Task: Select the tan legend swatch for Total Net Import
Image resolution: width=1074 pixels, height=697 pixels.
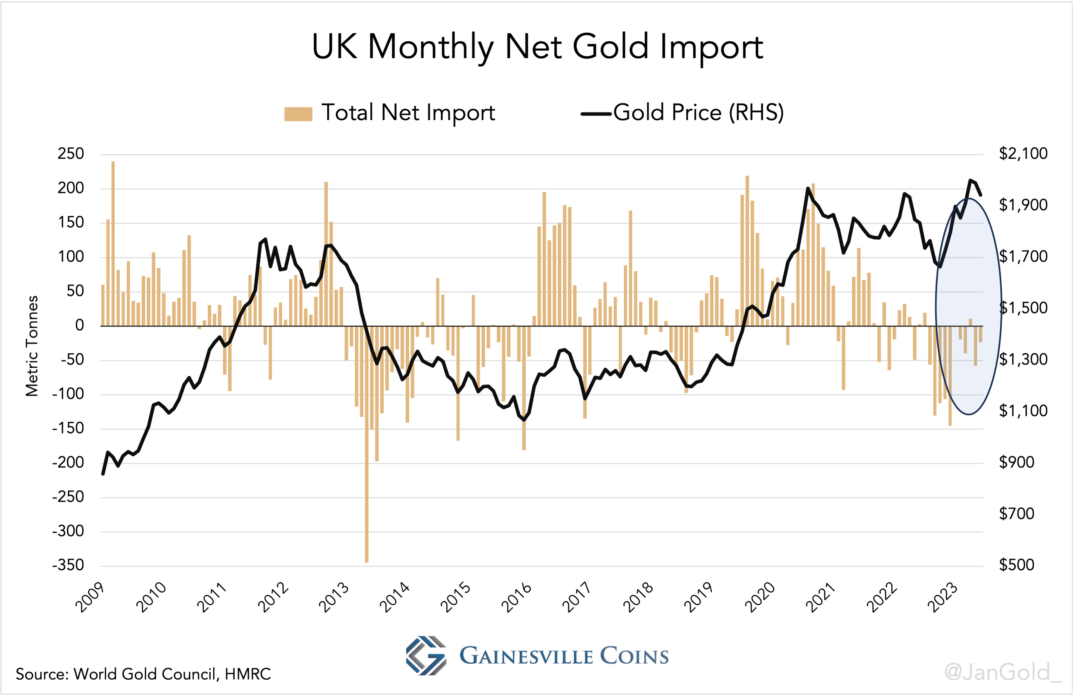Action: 298,114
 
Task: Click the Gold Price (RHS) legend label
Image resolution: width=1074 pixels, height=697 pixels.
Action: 698,112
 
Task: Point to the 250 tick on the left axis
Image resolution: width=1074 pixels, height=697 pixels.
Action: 70,154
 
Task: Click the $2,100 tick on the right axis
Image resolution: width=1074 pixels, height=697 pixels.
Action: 1023,153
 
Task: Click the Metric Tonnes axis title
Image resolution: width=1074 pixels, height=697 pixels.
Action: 31,346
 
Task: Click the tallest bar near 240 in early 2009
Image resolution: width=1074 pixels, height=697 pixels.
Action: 113,244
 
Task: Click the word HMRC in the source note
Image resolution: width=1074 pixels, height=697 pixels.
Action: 248,674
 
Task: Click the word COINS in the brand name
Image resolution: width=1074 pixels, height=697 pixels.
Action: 634,656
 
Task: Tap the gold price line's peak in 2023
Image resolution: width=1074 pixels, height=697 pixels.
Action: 970,180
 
